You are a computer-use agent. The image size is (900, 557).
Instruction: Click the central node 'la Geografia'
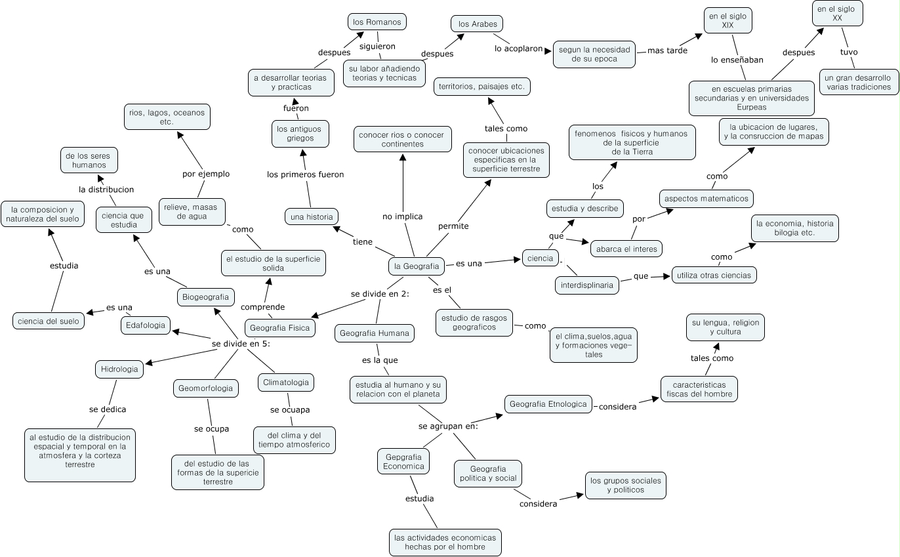[x=415, y=266]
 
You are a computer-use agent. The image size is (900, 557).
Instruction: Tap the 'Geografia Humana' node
[x=375, y=333]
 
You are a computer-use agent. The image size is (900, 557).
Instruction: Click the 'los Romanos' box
[x=377, y=22]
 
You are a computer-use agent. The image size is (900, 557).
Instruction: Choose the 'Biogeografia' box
[x=206, y=297]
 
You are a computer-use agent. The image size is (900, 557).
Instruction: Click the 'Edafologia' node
[x=146, y=325]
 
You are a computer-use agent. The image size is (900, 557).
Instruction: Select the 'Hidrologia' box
[x=119, y=369]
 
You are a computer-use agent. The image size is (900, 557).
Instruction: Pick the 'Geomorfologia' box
[x=205, y=388]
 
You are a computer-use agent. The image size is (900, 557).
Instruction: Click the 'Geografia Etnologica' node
[x=548, y=404]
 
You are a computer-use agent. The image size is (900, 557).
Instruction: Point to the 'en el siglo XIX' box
[x=727, y=20]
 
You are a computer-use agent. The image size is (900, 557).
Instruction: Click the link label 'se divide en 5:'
[x=241, y=343]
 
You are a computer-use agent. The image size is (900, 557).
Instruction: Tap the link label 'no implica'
[x=402, y=217]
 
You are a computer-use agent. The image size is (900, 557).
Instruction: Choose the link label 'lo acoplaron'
[x=519, y=49]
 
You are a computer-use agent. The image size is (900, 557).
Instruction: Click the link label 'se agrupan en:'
[x=448, y=426]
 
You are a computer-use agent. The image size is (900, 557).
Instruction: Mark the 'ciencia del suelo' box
[x=49, y=321]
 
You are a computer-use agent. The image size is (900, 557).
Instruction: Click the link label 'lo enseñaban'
[x=737, y=60]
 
